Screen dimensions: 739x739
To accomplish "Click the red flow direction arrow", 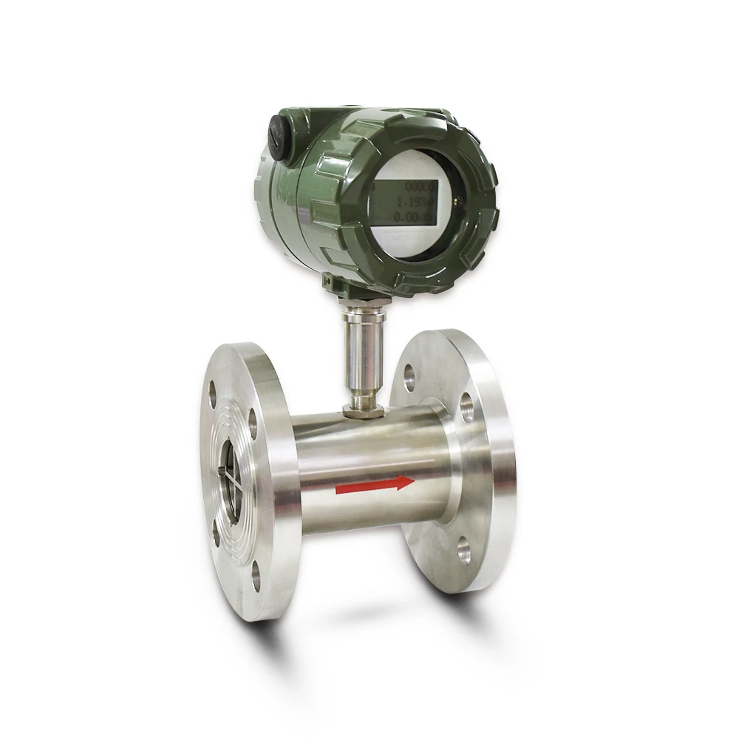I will click(374, 486).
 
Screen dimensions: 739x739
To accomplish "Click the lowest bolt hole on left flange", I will click(256, 576).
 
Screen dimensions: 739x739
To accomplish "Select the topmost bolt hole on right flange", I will click(409, 378).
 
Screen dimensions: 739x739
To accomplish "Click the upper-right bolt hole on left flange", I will click(252, 423).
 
